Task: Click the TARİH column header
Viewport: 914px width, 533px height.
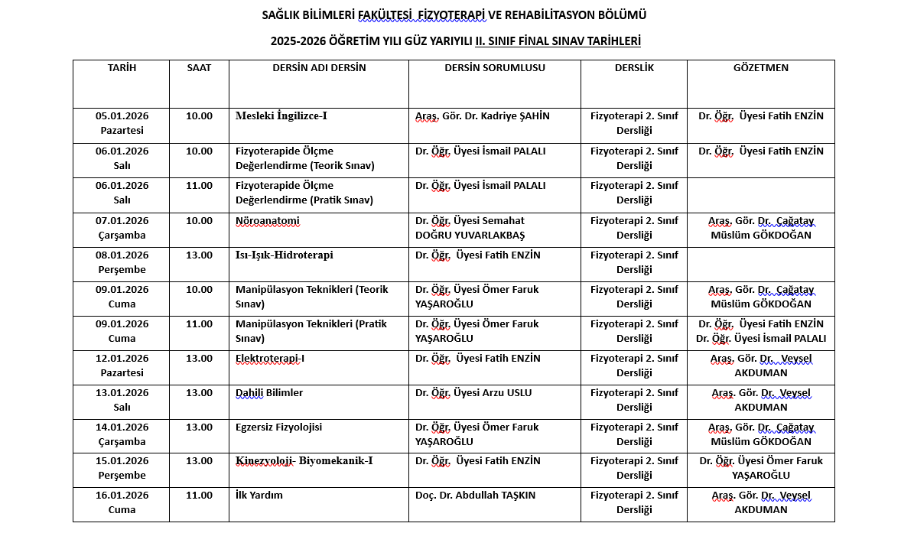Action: tap(122, 67)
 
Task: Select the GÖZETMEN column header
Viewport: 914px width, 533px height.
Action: tap(760, 67)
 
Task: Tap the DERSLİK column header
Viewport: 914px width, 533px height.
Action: tap(634, 67)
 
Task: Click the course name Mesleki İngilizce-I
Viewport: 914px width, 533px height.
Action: tap(281, 116)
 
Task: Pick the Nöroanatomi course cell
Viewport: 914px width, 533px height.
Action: tap(268, 221)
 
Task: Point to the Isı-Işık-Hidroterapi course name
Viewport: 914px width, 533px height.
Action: tap(285, 255)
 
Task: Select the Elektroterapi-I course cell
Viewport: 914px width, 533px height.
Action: tap(270, 358)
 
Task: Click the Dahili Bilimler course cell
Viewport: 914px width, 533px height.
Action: tap(269, 392)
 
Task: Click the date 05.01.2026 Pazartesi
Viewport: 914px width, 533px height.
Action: tap(122, 123)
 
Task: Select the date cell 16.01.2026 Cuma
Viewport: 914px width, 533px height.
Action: tap(122, 502)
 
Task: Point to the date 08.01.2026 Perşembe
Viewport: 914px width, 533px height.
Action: tap(122, 262)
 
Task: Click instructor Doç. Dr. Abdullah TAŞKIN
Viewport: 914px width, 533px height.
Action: tap(475, 495)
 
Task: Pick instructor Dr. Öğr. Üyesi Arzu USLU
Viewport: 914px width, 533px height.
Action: tap(473, 392)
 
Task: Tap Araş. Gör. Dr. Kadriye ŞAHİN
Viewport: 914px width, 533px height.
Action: tap(483, 116)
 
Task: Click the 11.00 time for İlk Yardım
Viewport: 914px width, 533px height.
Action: tap(199, 495)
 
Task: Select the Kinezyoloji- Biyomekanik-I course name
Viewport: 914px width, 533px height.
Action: tap(304, 461)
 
